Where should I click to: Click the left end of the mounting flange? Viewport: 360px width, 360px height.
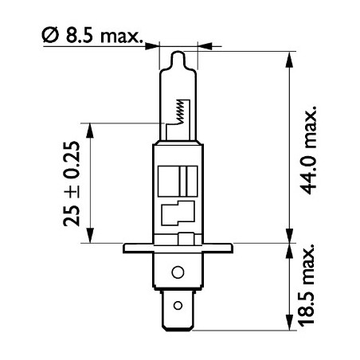coord(123,248)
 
